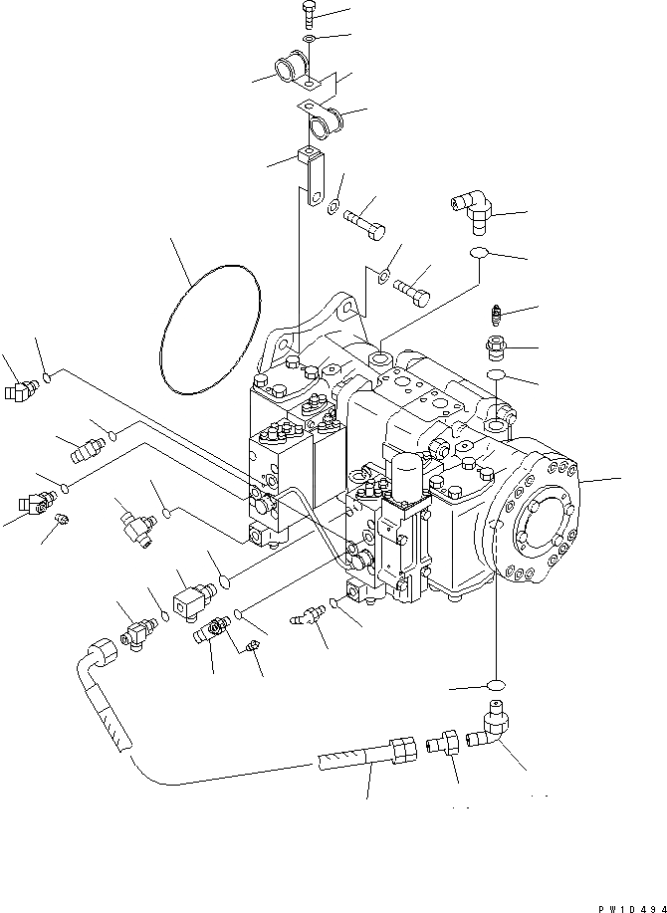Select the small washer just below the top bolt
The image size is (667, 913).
[311, 38]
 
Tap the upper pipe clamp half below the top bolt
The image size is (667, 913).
[296, 74]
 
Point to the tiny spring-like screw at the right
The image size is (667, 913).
[495, 318]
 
